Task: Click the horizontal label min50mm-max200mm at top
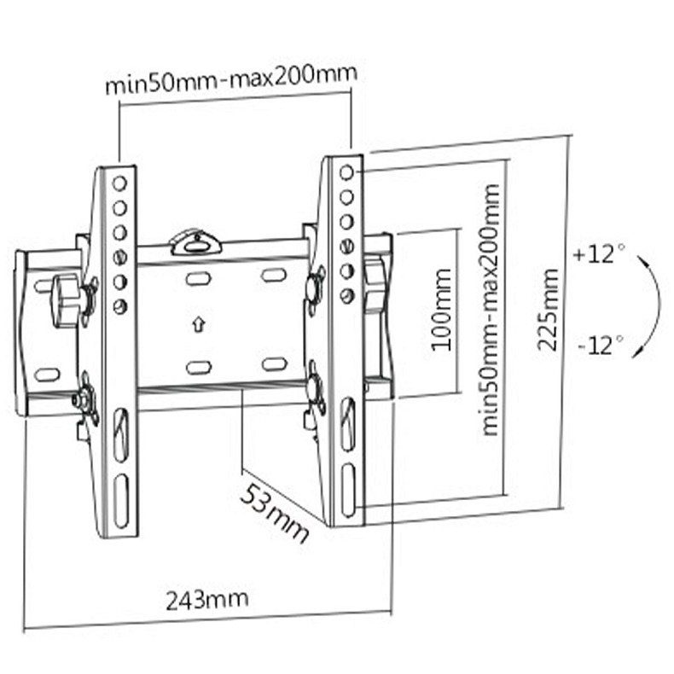point(230,82)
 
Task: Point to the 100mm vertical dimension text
point(441,311)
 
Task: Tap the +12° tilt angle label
point(599,254)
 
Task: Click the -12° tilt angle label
point(599,346)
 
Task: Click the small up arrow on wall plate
point(197,324)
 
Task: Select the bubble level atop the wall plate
point(195,243)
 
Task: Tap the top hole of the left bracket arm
point(119,183)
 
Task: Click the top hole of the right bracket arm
point(346,173)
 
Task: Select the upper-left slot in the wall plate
point(198,279)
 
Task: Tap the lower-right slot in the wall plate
point(273,364)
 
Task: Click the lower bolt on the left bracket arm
point(84,398)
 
